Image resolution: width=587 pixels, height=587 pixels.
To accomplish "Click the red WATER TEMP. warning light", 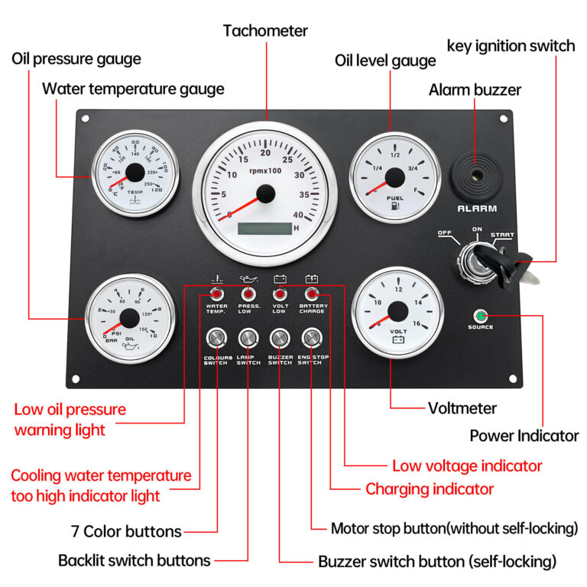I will pyautogui.click(x=216, y=294).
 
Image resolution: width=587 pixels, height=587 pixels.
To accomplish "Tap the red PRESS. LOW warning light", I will pyautogui.click(x=248, y=294).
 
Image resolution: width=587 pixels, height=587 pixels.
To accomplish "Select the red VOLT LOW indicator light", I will pyautogui.click(x=280, y=294).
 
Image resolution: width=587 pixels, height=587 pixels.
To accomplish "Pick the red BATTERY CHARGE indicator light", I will pyautogui.click(x=311, y=294).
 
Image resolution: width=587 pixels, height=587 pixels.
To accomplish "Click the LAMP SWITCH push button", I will pyautogui.click(x=248, y=338).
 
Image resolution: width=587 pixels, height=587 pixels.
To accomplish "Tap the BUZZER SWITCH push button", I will pyautogui.click(x=280, y=338).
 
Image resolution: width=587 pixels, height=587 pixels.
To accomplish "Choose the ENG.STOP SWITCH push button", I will pyautogui.click(x=311, y=338).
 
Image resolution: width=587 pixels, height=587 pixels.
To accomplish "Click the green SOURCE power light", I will pyautogui.click(x=481, y=315).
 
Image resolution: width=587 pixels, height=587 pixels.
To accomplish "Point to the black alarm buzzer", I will pyautogui.click(x=475, y=177).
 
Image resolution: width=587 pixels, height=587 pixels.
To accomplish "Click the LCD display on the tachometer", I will pyautogui.click(x=264, y=228).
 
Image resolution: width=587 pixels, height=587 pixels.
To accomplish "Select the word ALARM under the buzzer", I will pyautogui.click(x=477, y=209).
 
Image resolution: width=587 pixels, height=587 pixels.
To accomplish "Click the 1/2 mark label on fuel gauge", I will pyautogui.click(x=395, y=155).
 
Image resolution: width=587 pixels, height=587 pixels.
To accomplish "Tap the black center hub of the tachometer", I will pyautogui.click(x=264, y=194).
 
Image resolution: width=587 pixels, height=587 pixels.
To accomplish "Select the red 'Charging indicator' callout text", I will pyautogui.click(x=430, y=488).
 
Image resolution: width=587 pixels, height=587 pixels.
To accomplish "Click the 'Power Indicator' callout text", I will pyautogui.click(x=524, y=436).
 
